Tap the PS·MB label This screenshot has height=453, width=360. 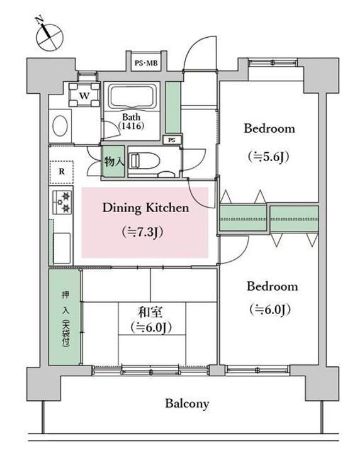147,63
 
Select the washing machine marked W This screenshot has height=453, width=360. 84,94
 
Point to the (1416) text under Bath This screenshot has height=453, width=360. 131,126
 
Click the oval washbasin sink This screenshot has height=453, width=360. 60,126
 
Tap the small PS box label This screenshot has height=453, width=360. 172,140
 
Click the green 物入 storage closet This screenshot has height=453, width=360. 114,161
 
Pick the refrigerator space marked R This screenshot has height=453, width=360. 61,172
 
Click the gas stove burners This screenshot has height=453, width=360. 62,202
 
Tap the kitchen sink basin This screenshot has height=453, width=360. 62,248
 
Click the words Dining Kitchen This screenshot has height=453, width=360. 145,208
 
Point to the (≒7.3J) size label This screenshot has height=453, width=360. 142,232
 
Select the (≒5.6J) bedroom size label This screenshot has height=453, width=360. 269,157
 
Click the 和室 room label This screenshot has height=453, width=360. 150,312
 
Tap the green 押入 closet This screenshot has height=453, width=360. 64,317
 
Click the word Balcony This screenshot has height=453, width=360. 187,403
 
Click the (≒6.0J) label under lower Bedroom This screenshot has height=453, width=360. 270,310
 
